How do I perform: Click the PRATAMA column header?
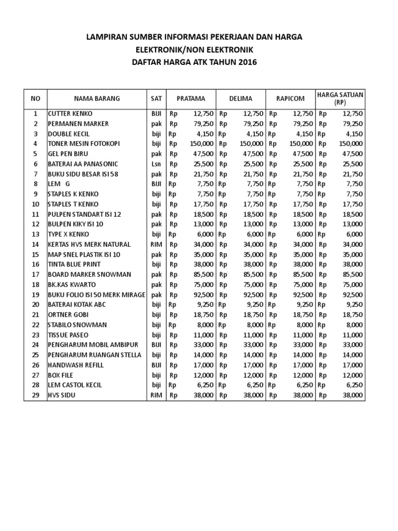(191, 99)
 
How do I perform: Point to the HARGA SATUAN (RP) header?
(340, 98)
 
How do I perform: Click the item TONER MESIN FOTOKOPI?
(84, 144)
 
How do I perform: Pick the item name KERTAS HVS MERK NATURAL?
(89, 244)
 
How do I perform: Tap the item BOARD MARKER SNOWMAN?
(89, 274)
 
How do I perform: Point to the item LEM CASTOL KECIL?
(75, 385)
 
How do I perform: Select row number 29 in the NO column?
(36, 395)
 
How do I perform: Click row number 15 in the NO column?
(36, 254)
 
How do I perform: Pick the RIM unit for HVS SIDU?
(157, 395)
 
